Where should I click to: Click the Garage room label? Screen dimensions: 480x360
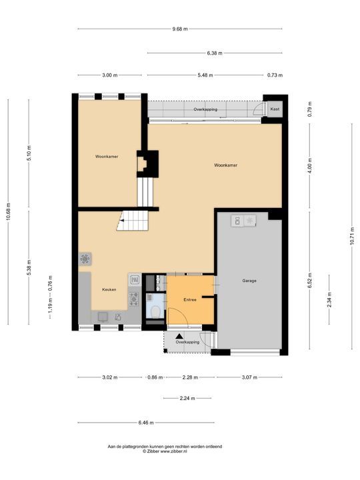(249, 281)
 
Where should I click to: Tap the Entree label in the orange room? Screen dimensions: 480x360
(190, 300)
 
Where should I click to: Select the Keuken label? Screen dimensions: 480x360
(109, 290)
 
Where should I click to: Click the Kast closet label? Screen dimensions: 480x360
(275, 109)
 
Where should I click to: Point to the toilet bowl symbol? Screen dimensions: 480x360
(154, 311)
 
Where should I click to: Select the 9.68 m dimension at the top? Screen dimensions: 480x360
(179, 29)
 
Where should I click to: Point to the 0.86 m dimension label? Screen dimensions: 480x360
(154, 377)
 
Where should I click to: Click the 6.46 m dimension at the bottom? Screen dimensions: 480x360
(146, 423)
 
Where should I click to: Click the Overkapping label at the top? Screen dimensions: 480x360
(205, 109)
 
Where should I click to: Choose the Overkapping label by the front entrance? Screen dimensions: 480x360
(187, 342)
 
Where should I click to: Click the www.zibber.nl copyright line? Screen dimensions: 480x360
(165, 451)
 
